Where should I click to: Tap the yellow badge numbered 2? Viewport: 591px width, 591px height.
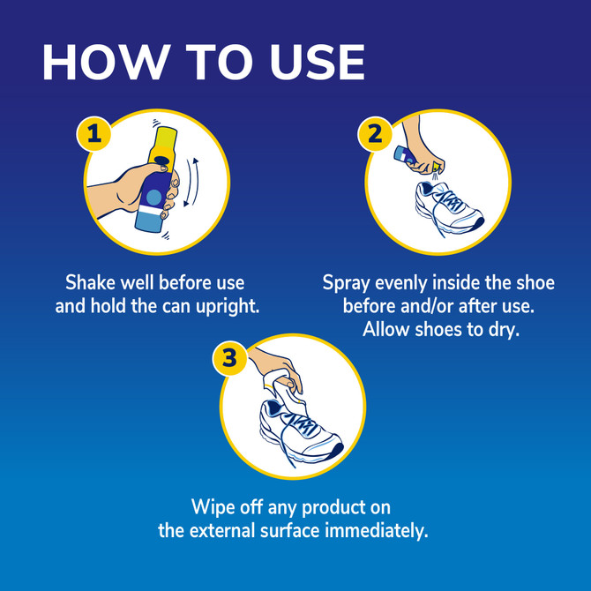coord(374,135)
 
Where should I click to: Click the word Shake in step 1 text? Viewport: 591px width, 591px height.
coord(91,283)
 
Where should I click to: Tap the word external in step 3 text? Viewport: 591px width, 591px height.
coord(224,531)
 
